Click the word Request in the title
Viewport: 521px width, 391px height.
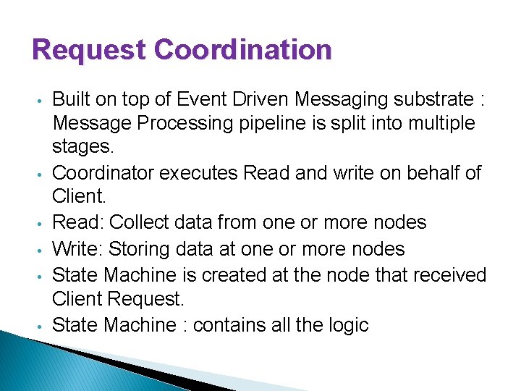(90, 51)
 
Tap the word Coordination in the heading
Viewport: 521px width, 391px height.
(243, 51)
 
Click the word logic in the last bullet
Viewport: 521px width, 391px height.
(350, 325)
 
